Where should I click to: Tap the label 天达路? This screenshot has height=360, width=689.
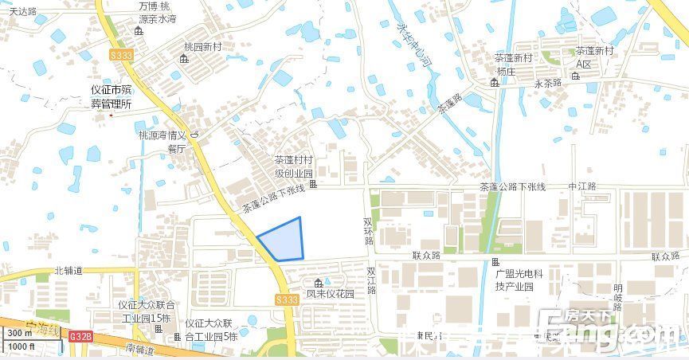click(x=24, y=11)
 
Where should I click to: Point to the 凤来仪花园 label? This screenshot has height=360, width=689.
click(x=330, y=294)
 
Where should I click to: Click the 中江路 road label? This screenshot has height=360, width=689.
click(x=581, y=186)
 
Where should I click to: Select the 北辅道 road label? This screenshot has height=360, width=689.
click(x=69, y=271)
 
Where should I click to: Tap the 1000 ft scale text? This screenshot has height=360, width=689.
click(x=21, y=346)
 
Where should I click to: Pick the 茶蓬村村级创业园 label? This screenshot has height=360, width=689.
click(x=294, y=166)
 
